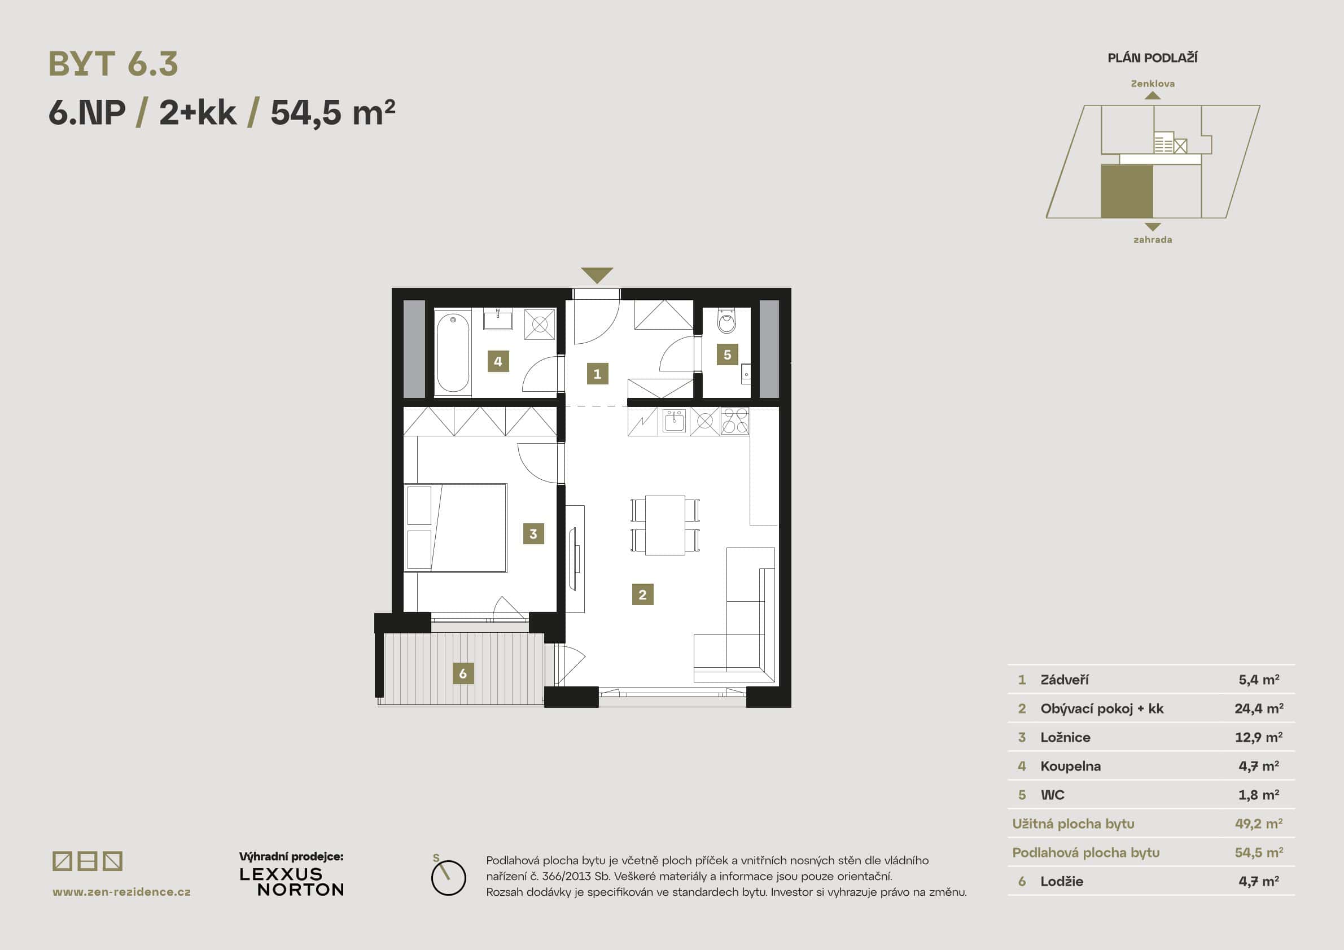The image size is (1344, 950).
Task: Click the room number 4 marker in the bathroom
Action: (x=497, y=361)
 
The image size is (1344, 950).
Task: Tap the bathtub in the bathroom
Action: (x=453, y=353)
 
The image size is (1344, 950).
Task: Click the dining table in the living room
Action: (x=665, y=525)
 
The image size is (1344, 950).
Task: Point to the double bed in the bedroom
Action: (x=456, y=527)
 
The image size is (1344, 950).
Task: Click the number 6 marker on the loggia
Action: (x=462, y=673)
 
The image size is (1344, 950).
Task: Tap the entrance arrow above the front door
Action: (x=597, y=274)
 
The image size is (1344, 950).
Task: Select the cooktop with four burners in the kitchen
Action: (x=734, y=421)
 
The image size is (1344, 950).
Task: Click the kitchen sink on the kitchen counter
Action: (x=674, y=421)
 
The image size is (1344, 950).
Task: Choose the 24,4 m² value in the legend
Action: (x=1259, y=708)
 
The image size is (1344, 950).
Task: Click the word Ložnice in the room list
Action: (x=1065, y=737)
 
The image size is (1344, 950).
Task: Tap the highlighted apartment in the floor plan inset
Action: (x=1126, y=191)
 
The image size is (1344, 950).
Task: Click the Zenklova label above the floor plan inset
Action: (x=1152, y=84)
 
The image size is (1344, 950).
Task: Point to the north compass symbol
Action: (x=448, y=877)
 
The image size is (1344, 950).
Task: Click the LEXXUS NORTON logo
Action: (x=291, y=882)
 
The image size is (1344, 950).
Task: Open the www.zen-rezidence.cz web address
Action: (x=121, y=891)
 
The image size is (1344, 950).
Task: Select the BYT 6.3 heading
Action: (x=113, y=64)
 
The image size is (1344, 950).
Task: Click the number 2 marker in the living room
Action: (x=642, y=594)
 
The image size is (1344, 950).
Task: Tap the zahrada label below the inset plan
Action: (x=1152, y=239)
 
